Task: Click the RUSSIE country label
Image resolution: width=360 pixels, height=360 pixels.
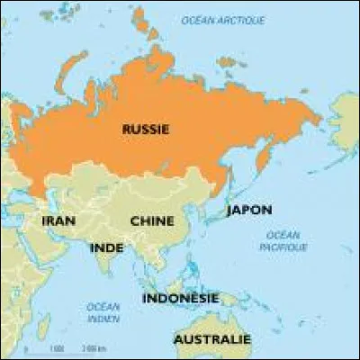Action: point(145,130)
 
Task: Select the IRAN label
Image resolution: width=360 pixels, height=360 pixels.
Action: point(57,220)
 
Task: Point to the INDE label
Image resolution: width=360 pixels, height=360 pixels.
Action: point(106,247)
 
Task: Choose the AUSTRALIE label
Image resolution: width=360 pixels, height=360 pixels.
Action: point(211,340)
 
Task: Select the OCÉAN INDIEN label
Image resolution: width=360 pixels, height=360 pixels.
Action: point(103,311)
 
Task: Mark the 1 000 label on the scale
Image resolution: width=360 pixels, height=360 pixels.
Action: point(57,347)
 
